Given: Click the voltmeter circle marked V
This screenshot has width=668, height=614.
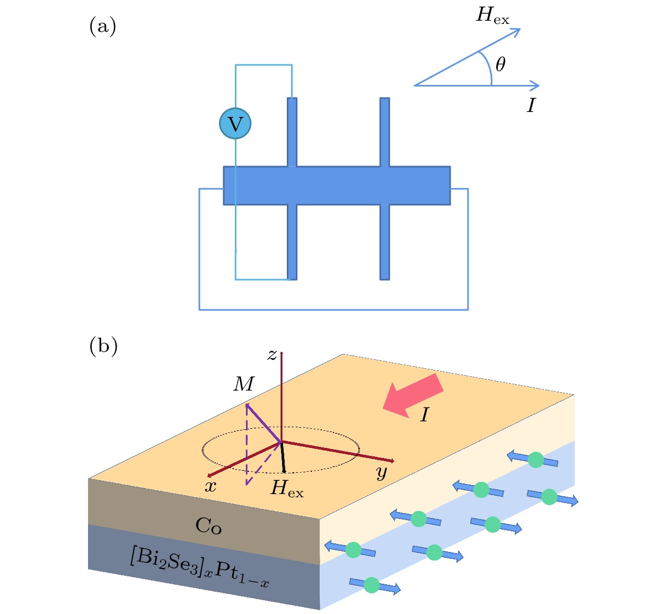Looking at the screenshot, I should [x=235, y=124].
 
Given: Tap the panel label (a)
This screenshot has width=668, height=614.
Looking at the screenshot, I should [x=102, y=26].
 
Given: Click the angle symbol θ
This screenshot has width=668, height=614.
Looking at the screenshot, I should [x=500, y=64].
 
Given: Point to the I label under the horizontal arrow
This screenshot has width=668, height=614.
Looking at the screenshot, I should [x=531, y=106].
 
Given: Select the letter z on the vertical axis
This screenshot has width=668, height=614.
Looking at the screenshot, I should [x=272, y=355].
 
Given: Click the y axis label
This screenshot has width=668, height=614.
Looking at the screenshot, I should [x=382, y=472].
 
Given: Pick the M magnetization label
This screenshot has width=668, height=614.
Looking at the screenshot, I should [x=244, y=384].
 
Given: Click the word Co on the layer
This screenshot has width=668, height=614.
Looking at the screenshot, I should [x=208, y=526].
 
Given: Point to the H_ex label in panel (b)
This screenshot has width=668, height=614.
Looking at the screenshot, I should [x=287, y=488].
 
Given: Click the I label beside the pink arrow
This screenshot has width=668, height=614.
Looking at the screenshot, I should [x=424, y=415].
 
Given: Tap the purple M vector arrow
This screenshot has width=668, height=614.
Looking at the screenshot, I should [x=263, y=422].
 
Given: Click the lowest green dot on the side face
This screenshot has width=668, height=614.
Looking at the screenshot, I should [x=372, y=585].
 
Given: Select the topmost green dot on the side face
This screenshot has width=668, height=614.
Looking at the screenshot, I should [x=536, y=460].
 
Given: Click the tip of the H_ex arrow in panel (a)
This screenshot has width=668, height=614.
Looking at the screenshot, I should [x=519, y=30].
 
